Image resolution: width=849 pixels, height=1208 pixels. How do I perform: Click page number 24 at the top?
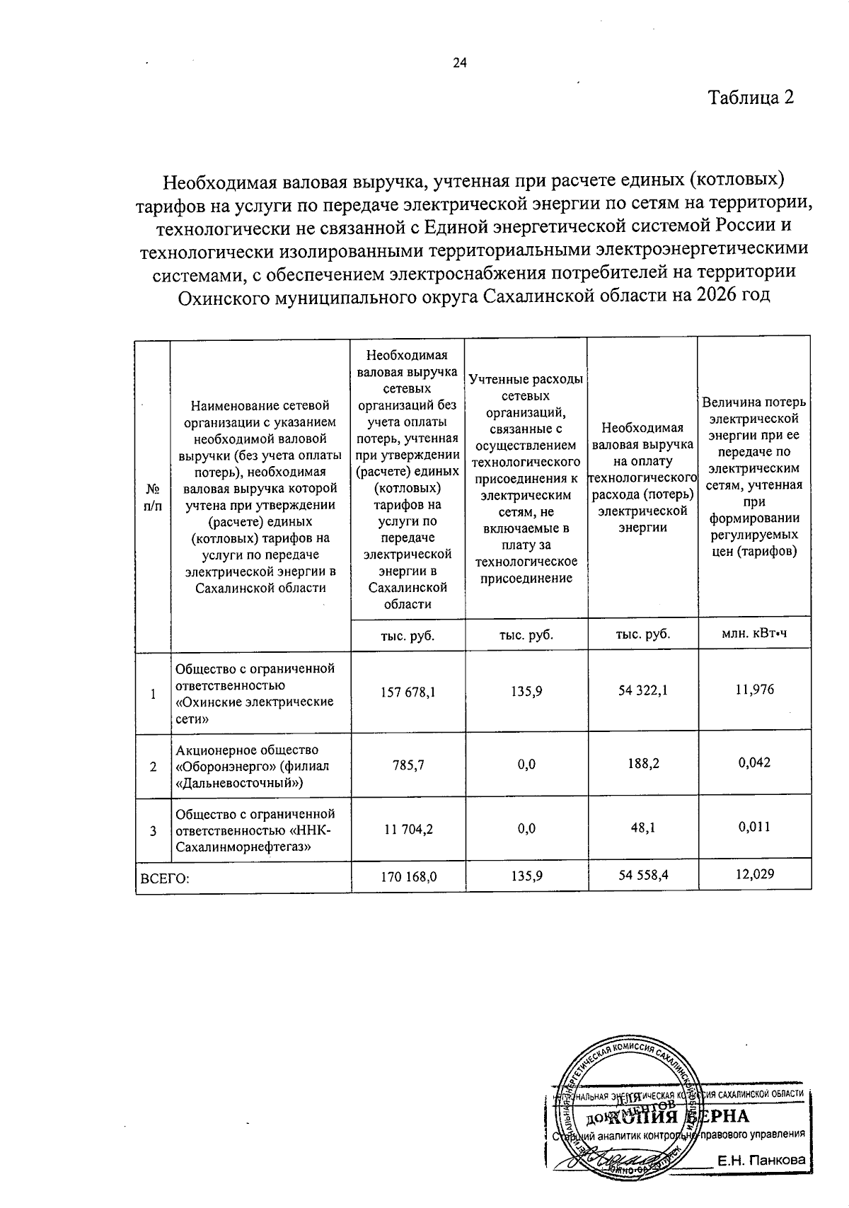(x=460, y=63)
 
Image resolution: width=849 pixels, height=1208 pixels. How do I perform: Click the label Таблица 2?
(x=751, y=97)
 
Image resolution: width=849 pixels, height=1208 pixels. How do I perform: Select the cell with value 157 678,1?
(x=408, y=692)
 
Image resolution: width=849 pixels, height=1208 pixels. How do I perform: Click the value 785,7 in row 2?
(x=408, y=765)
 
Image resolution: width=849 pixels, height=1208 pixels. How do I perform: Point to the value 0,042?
(x=754, y=762)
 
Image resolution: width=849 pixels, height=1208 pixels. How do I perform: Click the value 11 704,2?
(x=408, y=829)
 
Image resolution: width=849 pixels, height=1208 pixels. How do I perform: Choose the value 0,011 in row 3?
(x=754, y=827)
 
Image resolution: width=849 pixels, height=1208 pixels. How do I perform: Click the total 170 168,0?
(x=408, y=876)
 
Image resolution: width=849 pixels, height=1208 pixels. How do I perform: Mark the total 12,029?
(x=754, y=874)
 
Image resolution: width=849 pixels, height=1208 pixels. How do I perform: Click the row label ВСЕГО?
(x=165, y=879)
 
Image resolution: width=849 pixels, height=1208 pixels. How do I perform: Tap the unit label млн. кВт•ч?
(x=754, y=634)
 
